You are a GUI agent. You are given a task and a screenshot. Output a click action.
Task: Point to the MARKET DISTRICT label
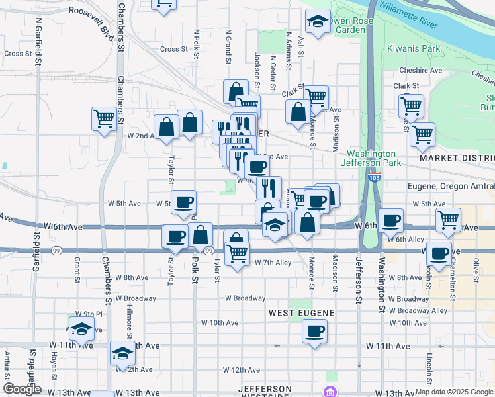point(457,159)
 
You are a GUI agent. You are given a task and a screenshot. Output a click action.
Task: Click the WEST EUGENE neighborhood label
point(302,312)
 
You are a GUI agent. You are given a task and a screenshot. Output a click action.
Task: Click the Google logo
point(22,389)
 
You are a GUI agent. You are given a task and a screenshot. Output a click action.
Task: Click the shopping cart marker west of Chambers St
point(105,119)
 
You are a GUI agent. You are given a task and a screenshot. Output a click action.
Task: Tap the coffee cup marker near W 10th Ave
point(315,330)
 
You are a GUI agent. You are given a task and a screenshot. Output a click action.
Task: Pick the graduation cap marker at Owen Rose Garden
point(318,22)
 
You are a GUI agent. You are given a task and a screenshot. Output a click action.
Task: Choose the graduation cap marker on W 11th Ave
point(122,354)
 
